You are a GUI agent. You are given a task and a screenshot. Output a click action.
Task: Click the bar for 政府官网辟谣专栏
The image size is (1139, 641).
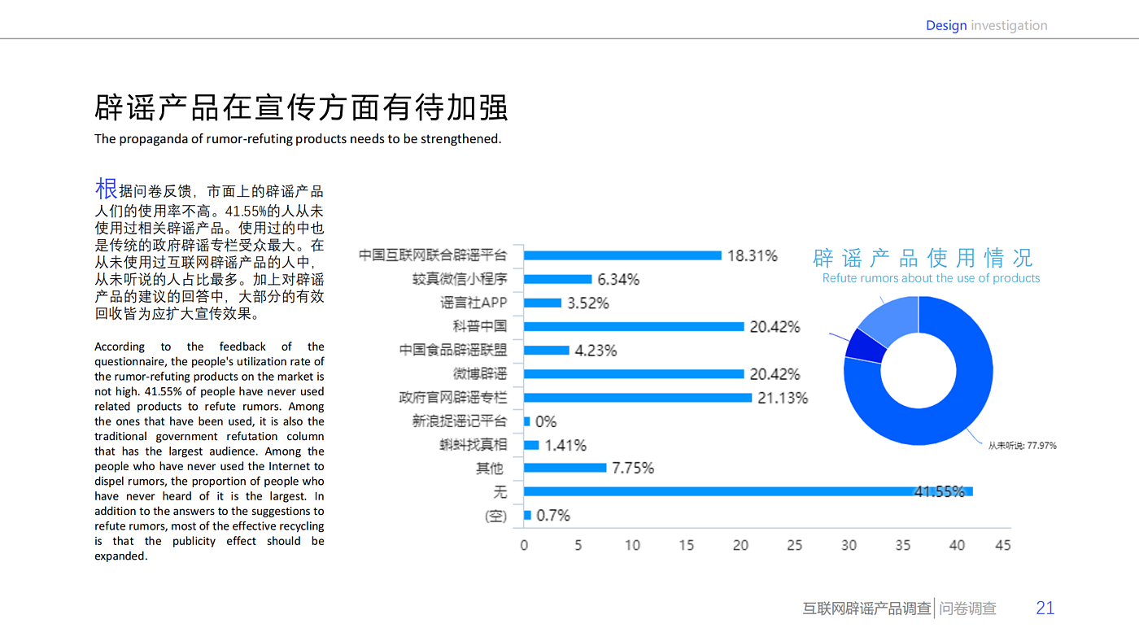(x=638, y=398)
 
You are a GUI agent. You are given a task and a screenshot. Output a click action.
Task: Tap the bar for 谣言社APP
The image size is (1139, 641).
(x=543, y=303)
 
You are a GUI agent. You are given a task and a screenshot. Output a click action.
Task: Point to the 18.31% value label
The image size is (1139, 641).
(x=752, y=255)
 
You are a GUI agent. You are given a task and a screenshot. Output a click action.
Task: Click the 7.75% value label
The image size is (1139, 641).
(x=633, y=468)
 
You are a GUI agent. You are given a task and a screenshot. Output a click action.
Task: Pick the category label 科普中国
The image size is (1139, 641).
(x=480, y=326)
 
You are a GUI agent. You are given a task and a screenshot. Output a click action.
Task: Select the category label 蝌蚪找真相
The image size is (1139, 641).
(x=473, y=445)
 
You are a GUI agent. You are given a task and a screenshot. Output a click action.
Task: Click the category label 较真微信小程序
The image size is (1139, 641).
(x=460, y=279)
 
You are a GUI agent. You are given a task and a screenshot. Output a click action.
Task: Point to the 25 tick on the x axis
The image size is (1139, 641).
(x=794, y=545)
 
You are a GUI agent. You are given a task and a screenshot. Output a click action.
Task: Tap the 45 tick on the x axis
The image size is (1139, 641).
(x=1002, y=545)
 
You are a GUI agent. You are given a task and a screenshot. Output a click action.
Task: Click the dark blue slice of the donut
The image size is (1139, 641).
(x=862, y=345)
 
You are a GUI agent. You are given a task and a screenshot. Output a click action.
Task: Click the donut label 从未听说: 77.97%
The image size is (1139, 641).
(x=1022, y=446)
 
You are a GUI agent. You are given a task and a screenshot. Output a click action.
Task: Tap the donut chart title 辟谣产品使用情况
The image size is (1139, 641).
(x=923, y=259)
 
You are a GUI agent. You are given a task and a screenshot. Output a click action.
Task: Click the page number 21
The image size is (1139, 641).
(x=1045, y=608)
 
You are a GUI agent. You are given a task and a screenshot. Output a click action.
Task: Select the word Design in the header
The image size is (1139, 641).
(x=946, y=26)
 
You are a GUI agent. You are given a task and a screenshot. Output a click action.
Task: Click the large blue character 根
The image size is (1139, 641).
(x=107, y=189)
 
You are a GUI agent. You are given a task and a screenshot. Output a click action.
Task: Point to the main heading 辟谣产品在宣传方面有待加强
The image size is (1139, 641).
(x=301, y=108)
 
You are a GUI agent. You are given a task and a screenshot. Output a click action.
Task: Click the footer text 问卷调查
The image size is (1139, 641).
(x=967, y=608)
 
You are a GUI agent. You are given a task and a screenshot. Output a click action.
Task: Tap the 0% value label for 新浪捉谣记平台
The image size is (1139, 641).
(x=546, y=421)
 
